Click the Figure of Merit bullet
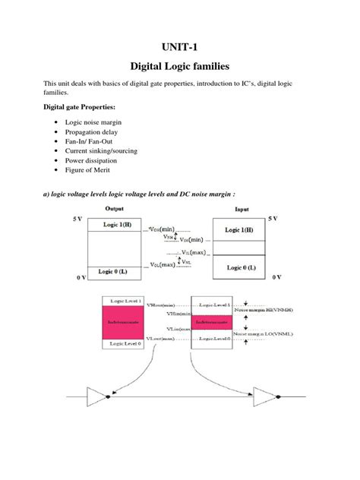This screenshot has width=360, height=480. (89, 171)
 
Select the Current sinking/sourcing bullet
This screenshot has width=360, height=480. (101, 151)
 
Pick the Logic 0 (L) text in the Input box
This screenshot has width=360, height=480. (242, 267)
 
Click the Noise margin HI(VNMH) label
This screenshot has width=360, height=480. (274, 311)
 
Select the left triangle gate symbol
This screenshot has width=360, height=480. (97, 395)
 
